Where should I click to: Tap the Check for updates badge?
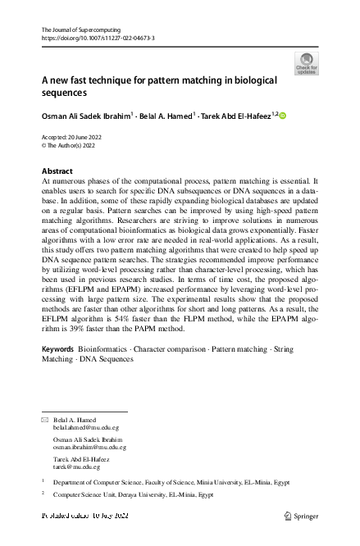[x=308, y=63]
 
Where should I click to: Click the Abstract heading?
[x=57, y=171]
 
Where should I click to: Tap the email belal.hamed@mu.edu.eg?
[x=86, y=427]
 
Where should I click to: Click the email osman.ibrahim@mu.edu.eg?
[x=89, y=447]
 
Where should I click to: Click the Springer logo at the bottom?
[x=300, y=516]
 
